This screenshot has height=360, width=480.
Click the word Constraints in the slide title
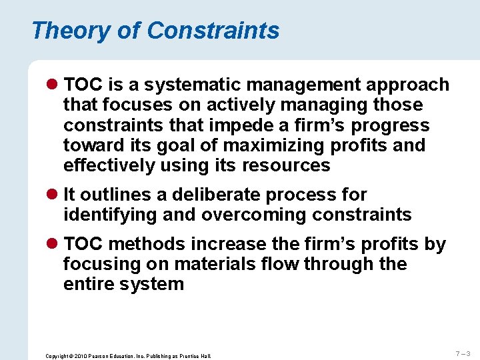click(x=213, y=31)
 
